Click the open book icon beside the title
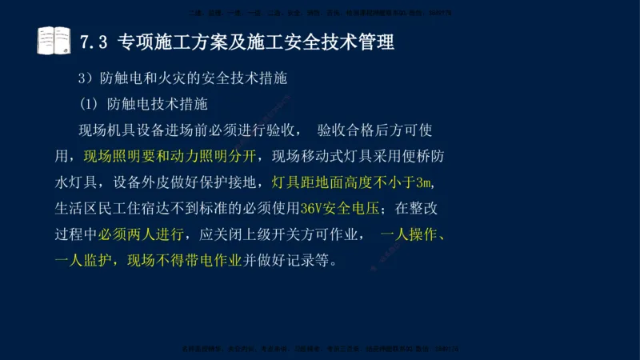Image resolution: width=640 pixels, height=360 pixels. click(x=54, y=41)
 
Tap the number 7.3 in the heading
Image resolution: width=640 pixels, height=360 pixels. click(x=95, y=42)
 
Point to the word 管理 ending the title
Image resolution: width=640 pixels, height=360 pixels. click(x=376, y=42)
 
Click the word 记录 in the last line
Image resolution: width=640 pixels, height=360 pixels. click(x=305, y=261)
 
